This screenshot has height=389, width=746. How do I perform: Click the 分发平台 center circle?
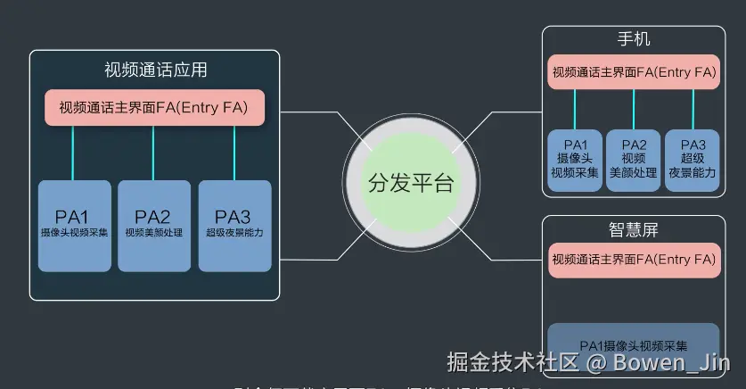point(411,185)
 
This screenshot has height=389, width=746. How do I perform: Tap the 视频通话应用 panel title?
point(155,70)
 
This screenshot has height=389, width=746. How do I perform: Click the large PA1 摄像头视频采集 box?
point(75,226)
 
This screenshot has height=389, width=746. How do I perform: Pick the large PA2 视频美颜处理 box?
point(153,226)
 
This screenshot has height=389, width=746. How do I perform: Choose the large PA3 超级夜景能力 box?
point(234,226)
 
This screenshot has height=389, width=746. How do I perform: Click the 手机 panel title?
point(634,41)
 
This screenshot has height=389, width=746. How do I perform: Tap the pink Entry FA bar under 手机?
point(634,72)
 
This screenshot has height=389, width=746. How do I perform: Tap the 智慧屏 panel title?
point(634,230)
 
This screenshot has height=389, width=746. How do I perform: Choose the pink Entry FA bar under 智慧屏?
point(634,260)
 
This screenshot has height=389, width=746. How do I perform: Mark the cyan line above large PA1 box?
point(73,153)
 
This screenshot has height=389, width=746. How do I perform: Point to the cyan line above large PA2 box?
point(153,153)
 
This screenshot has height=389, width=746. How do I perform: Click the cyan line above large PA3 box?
point(234,153)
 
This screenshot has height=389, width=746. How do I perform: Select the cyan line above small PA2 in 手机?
point(634,109)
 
